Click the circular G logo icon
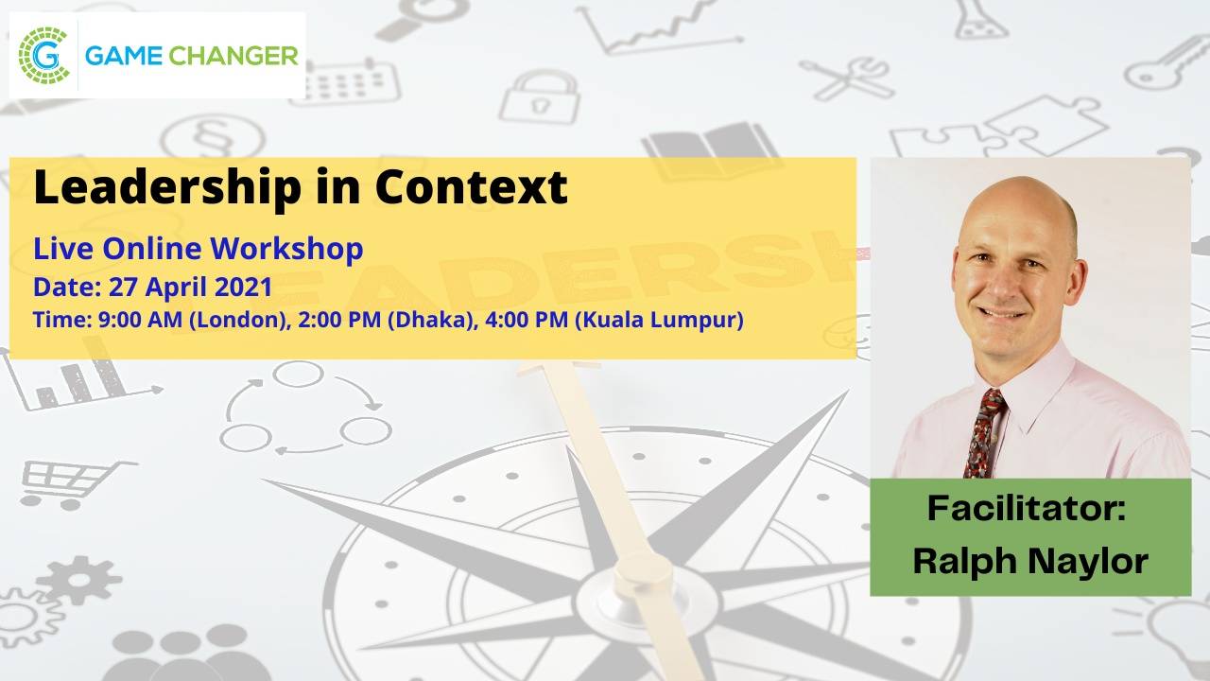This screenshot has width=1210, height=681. coord(44,54)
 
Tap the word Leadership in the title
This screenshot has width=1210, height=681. coord(163,187)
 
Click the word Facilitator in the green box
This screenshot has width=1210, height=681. coord(1027,508)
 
